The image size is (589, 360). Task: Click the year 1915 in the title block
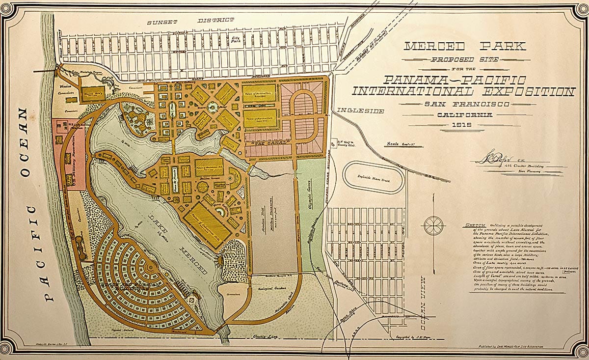click(464, 125)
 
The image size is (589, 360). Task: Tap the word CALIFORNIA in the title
click(464, 115)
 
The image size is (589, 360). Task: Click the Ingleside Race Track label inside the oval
click(375, 177)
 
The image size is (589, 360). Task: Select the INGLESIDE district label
click(360, 111)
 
